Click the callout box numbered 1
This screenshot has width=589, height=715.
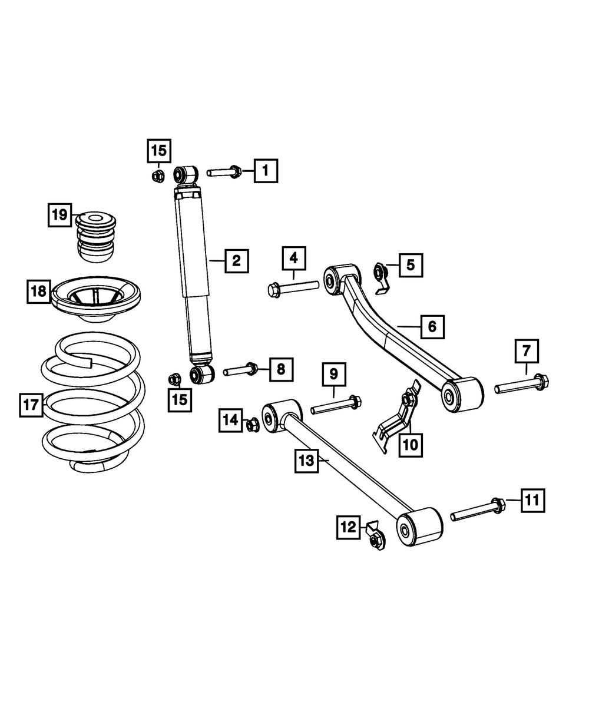tap(266, 171)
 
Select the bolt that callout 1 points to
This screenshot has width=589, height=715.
tap(223, 173)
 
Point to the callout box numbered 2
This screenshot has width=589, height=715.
tap(236, 260)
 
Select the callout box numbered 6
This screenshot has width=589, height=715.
tap(432, 326)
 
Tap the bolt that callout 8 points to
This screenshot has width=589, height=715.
tap(240, 370)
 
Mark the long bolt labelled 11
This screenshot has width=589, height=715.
tap(478, 510)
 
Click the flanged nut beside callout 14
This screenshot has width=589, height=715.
tap(252, 423)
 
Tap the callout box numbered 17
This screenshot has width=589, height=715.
tap(31, 406)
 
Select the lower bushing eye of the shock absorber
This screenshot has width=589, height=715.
tap(200, 374)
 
